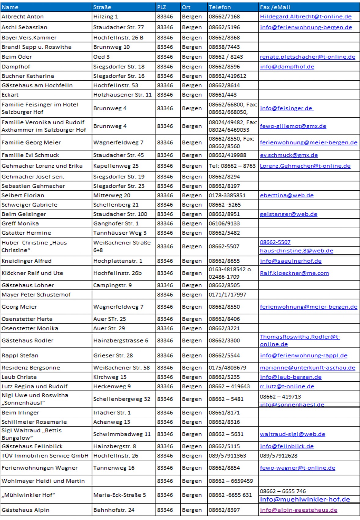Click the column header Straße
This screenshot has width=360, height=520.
click(x=102, y=7)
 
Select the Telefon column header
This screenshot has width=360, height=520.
click(x=220, y=7)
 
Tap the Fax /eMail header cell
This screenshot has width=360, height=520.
click(x=275, y=7)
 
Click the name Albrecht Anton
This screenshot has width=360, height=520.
click(x=23, y=16)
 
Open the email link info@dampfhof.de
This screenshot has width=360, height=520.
click(x=287, y=67)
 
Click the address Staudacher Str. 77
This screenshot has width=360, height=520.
click(x=119, y=27)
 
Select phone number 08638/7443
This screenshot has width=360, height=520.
click(x=224, y=47)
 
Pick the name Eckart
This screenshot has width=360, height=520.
click(x=10, y=95)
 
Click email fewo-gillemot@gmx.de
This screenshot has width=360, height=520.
click(x=293, y=126)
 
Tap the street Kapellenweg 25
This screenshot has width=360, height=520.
click(x=116, y=166)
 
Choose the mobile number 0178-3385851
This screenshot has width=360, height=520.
click(x=227, y=195)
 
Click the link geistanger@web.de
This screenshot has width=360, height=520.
click(x=288, y=214)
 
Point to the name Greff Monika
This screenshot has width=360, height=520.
click(x=20, y=223)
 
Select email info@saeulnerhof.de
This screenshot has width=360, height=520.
click(x=291, y=261)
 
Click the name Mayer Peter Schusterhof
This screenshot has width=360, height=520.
click(x=36, y=295)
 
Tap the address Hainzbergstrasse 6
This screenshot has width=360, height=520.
click(x=121, y=340)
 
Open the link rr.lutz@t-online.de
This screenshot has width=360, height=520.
click(x=287, y=386)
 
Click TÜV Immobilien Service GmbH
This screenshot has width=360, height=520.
click(x=45, y=456)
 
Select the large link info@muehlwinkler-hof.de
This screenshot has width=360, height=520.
click(x=305, y=499)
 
